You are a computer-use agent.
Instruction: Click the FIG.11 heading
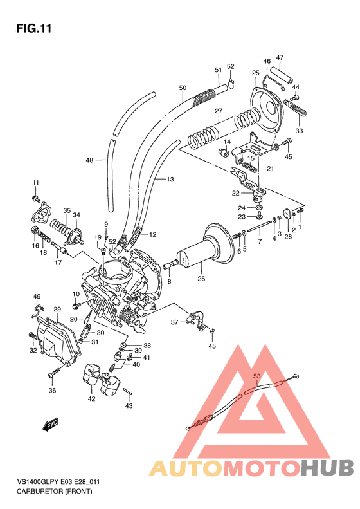click(33, 29)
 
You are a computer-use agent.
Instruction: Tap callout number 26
click(201, 279)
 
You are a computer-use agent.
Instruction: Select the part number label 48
click(89, 160)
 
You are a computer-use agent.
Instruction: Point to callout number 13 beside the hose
click(170, 180)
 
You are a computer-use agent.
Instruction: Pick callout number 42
click(91, 399)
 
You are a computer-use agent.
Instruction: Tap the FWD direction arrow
click(51, 425)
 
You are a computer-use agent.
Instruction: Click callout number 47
click(280, 58)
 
